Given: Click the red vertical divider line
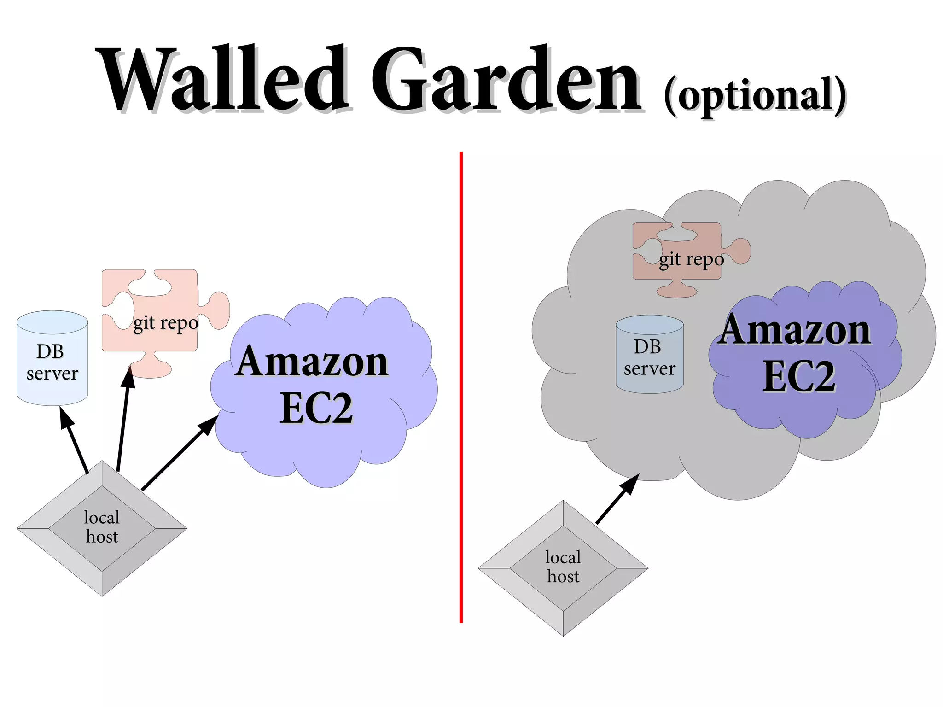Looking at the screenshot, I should [461, 387].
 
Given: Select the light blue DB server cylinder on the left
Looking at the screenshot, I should [52, 359].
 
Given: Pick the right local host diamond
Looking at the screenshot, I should [563, 568].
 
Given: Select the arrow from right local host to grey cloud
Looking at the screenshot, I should [617, 499].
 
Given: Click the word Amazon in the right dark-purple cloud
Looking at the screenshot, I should [794, 330].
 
